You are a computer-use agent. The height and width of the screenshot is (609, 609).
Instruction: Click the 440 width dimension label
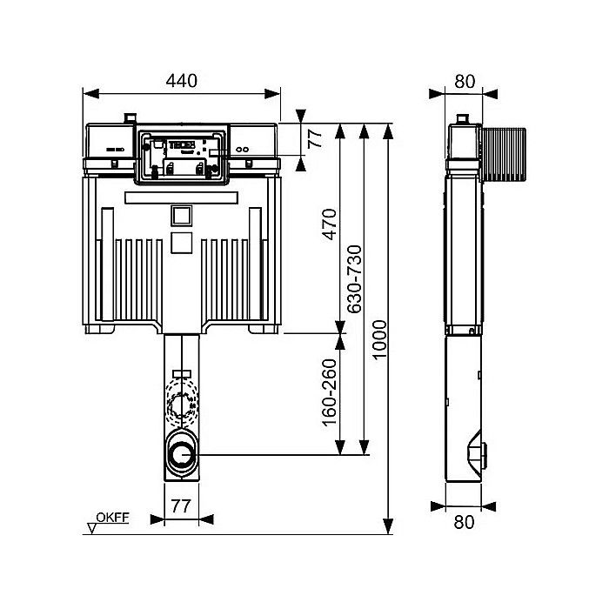181,81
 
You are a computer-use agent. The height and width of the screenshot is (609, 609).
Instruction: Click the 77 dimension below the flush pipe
181,504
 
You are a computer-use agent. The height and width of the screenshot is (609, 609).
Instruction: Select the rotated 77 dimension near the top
315,138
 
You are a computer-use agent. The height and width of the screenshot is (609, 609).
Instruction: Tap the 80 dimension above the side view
465,81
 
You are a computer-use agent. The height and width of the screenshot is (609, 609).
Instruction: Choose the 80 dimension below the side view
465,522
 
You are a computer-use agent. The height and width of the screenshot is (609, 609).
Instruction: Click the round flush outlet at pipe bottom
182,453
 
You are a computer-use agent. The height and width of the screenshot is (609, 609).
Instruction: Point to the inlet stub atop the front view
130,117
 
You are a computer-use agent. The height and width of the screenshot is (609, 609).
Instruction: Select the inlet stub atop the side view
465,119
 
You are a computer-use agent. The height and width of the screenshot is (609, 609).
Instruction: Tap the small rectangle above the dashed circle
181,374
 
